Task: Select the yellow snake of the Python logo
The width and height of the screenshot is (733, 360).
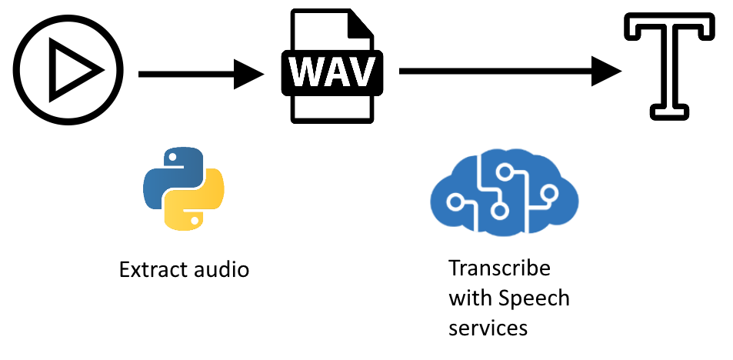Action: pos(197,203)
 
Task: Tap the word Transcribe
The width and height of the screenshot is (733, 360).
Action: pos(499,268)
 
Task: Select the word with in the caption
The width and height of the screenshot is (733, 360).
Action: pos(465,298)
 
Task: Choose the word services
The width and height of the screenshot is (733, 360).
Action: pos(488,327)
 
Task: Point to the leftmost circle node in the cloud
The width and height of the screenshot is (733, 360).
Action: pos(455,202)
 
